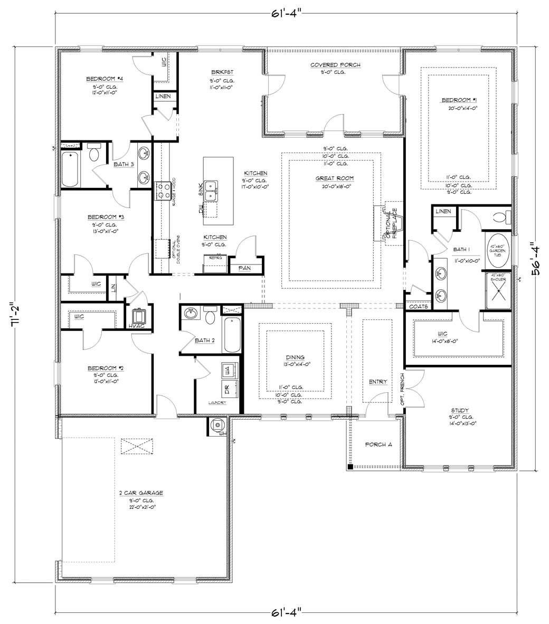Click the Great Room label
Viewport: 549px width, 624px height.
pos(335,178)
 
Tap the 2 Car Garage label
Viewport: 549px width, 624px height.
pos(141,493)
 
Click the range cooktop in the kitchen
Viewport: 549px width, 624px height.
pos(162,191)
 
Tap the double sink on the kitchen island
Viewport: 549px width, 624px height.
pos(213,190)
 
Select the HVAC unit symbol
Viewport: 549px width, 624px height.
pos(139,316)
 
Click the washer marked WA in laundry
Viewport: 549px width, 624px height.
pos(228,371)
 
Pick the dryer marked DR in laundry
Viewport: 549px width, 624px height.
pos(228,391)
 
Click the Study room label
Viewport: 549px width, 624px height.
pos(459,410)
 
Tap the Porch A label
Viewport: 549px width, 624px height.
pos(378,445)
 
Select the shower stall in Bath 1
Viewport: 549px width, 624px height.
pos(498,291)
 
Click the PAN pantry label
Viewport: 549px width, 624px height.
pos(244,268)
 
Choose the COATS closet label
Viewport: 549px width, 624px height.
pos(419,306)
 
